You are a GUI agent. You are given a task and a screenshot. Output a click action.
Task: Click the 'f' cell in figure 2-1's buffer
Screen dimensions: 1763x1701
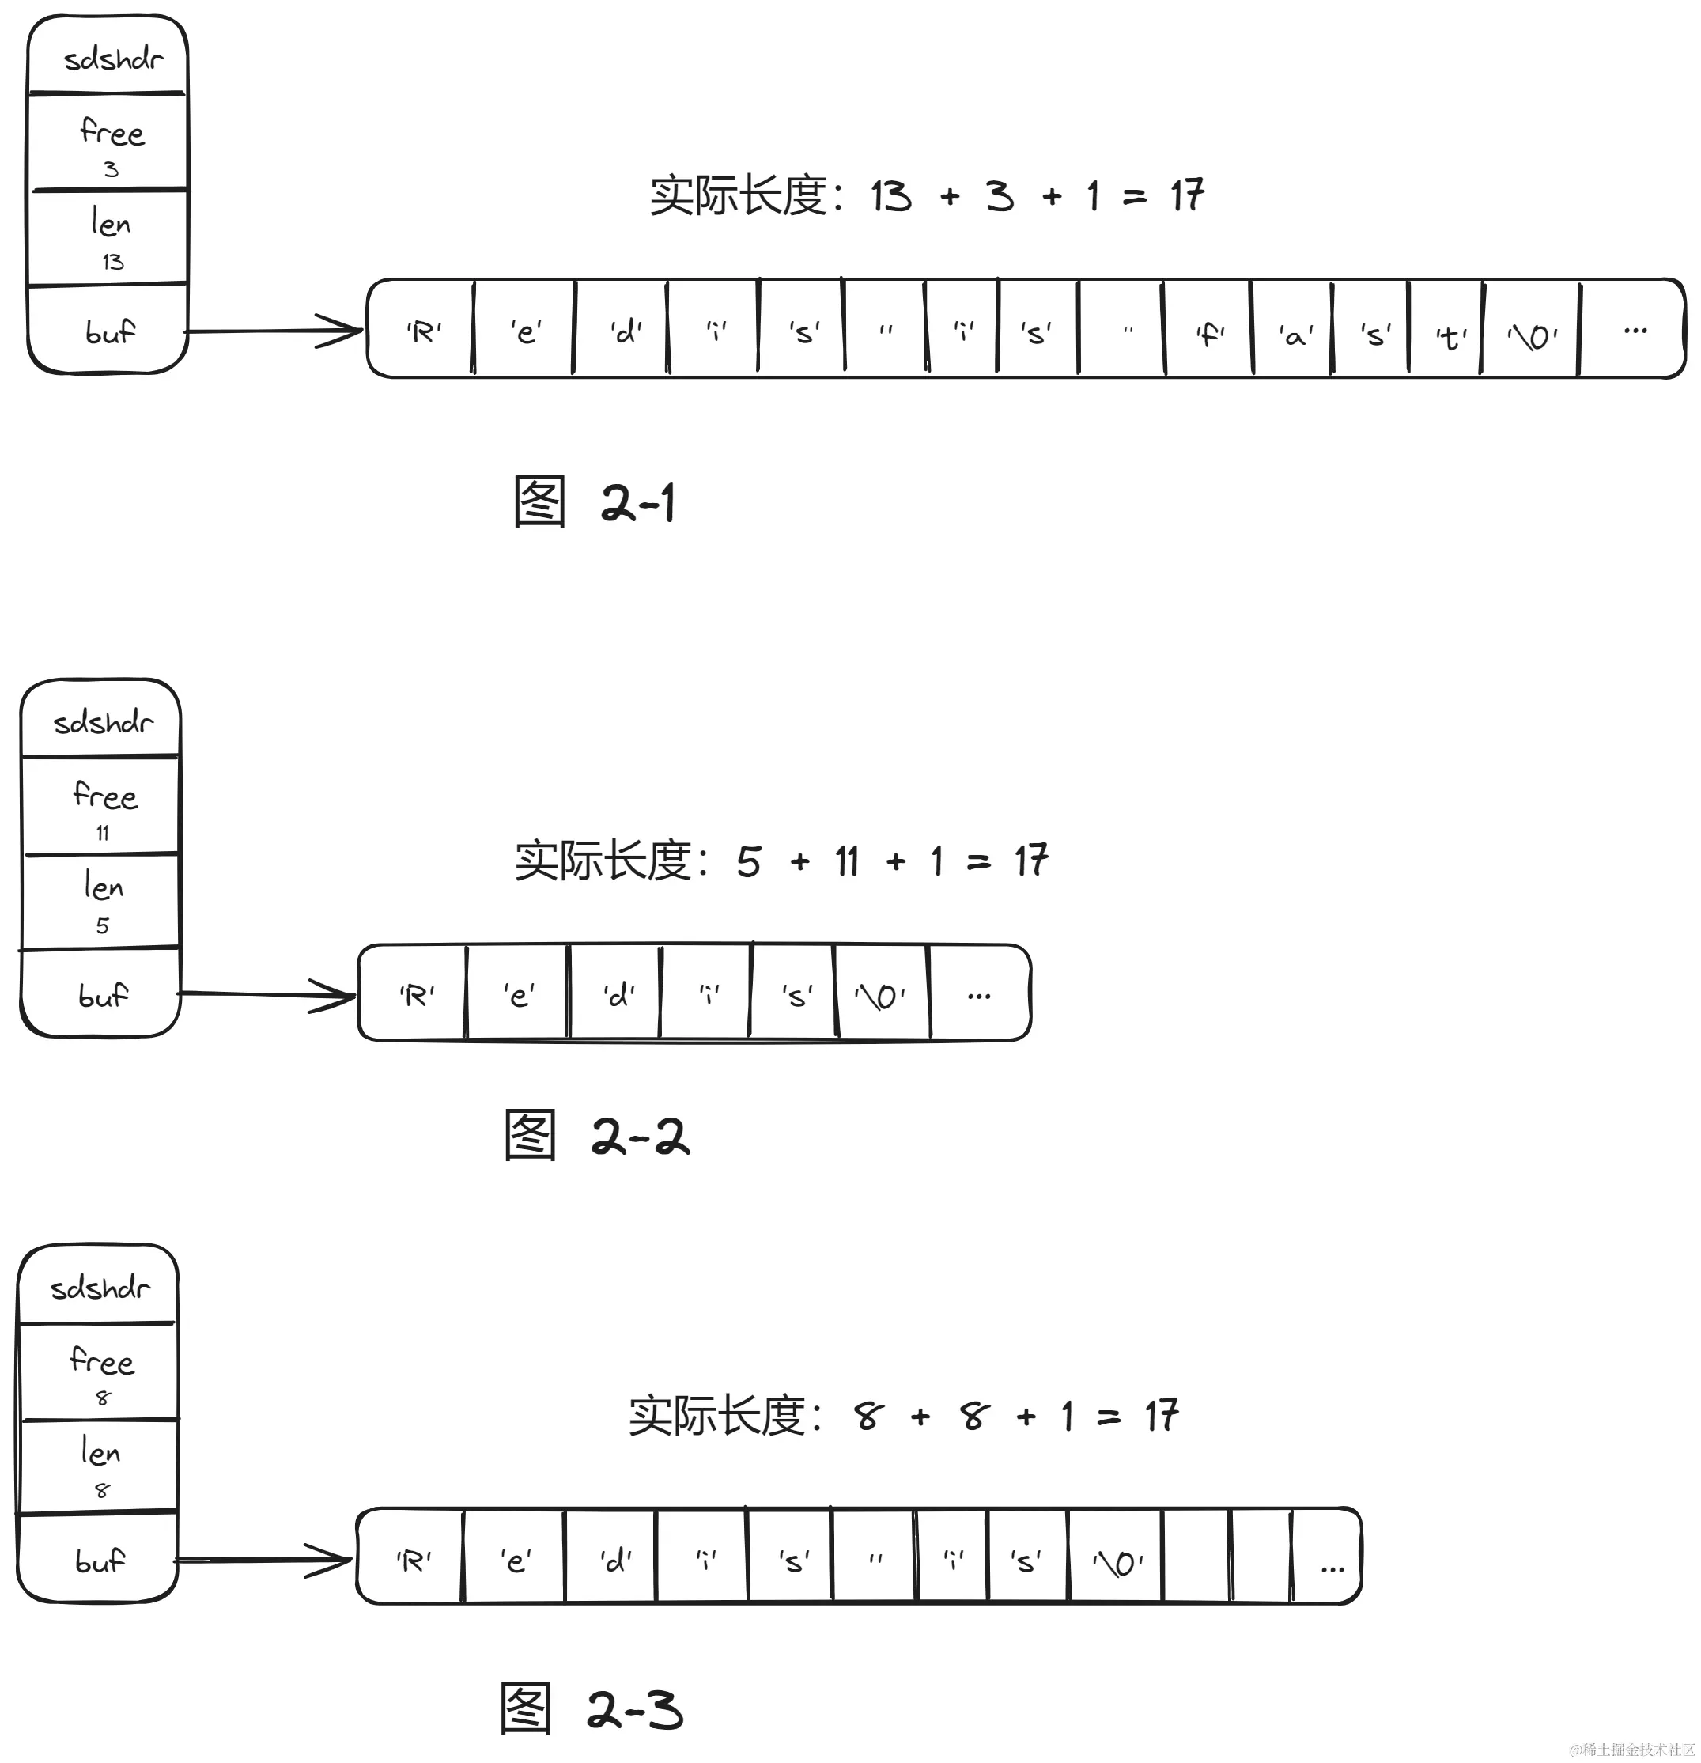(x=1208, y=334)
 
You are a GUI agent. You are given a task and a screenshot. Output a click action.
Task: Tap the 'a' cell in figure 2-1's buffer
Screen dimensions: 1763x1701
(x=1294, y=335)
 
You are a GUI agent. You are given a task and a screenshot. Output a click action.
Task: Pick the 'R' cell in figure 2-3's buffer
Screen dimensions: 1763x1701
(x=412, y=1561)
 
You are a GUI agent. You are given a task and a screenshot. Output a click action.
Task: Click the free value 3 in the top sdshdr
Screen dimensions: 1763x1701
(x=111, y=169)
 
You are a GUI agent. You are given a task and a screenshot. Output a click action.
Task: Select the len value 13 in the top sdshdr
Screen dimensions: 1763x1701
(x=112, y=262)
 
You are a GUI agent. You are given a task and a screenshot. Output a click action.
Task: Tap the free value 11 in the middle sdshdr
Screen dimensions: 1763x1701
(x=103, y=833)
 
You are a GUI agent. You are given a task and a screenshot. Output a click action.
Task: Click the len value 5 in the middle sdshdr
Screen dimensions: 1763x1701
(x=103, y=925)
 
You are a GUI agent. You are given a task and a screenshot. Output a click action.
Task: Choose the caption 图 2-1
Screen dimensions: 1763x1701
(x=594, y=502)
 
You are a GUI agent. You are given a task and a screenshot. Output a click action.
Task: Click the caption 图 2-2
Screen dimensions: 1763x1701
(x=595, y=1135)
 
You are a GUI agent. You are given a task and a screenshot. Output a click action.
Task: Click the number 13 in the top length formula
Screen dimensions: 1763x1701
(x=890, y=196)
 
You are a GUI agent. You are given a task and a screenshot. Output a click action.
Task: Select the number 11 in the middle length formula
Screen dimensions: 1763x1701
(x=846, y=861)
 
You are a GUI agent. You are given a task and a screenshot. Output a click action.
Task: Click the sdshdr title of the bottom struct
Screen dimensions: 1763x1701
(x=99, y=1288)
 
